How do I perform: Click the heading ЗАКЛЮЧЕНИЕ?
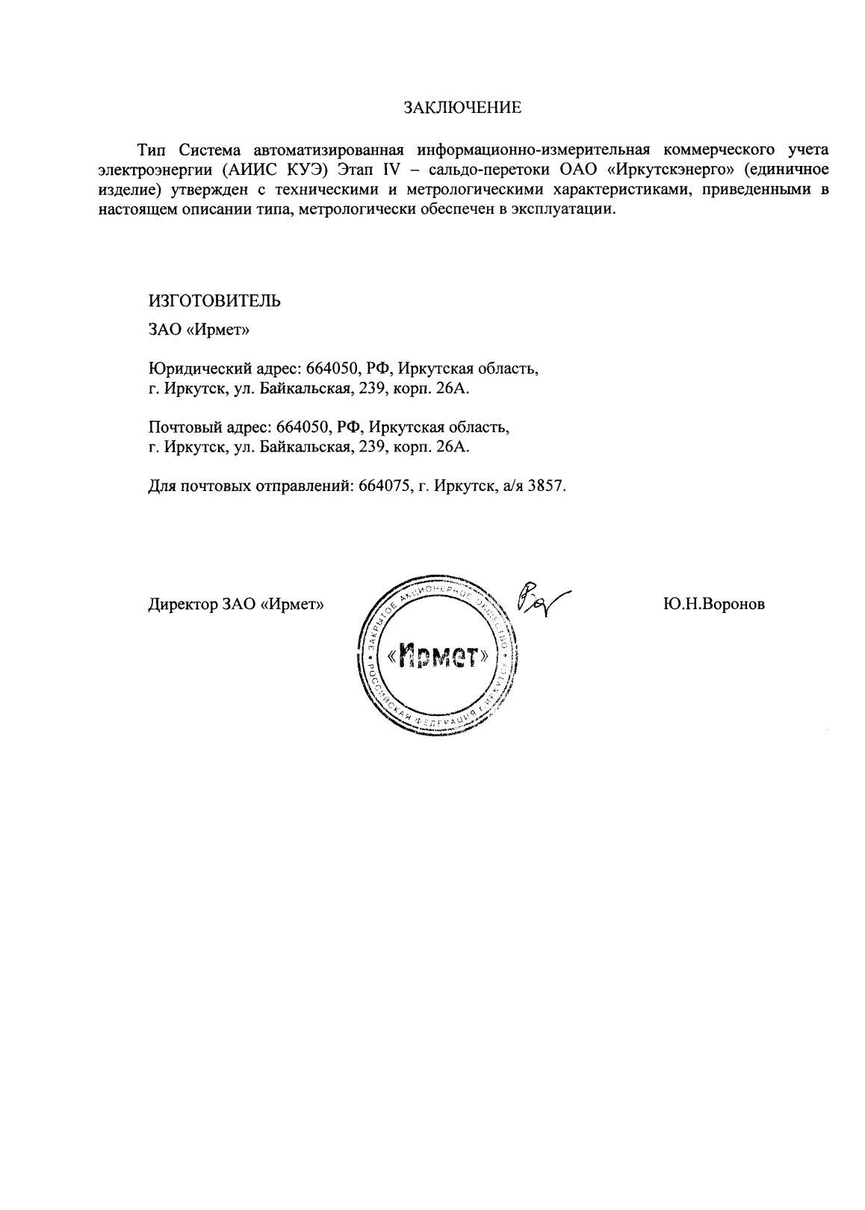pos(462,107)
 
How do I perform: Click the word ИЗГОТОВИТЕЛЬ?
pos(215,300)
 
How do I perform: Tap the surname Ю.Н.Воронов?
pos(713,605)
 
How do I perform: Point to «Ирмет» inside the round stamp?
pos(438,656)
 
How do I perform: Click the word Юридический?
pos(193,368)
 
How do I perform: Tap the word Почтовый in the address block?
pos(180,427)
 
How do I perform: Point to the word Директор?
pos(182,605)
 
